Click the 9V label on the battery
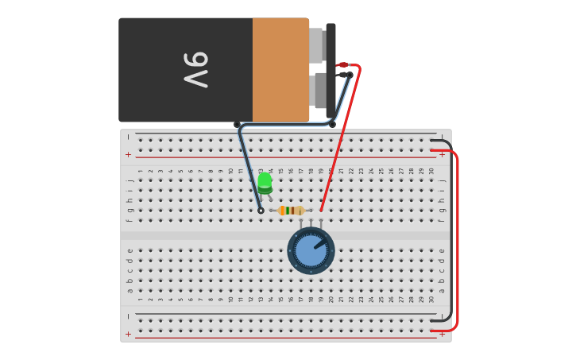pos(195,70)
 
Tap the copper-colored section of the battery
pos(280,70)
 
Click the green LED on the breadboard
pos(265,182)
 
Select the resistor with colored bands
pos(291,211)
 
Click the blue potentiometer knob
pos(311,250)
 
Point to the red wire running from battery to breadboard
pos(340,139)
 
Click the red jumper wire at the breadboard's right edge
pos(457,238)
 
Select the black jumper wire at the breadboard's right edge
pos(450,230)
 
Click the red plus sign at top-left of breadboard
pos(128,154)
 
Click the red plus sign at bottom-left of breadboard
pos(128,334)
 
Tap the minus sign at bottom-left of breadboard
pos(128,316)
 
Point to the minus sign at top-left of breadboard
pos(128,137)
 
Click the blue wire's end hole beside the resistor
pos(261,211)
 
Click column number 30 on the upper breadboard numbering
pos(431,171)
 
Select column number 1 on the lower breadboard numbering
pos(141,299)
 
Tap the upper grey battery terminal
pos(316,45)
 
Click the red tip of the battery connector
pos(342,65)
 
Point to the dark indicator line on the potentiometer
pos(319,245)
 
